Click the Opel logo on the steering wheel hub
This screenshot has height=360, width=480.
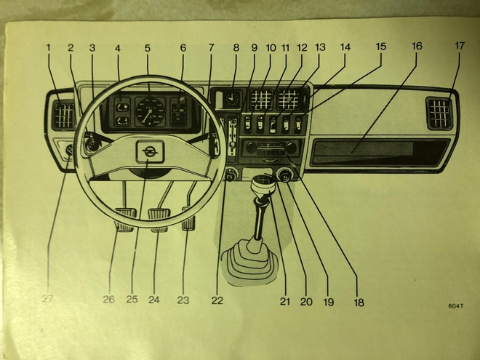click(x=150, y=151)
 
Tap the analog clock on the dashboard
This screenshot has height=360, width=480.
click(x=231, y=99)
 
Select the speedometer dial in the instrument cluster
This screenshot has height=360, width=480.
click(x=151, y=111)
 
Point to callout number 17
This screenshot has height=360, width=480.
click(x=460, y=46)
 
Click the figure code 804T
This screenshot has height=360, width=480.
click(x=456, y=305)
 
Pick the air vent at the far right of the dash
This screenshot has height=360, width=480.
click(x=440, y=114)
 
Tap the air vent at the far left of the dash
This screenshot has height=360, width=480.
click(x=64, y=116)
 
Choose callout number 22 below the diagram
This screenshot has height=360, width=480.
click(x=217, y=300)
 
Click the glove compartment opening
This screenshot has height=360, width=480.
click(x=380, y=153)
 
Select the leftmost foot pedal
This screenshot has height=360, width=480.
click(x=125, y=220)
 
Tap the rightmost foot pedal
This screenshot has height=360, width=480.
click(x=188, y=219)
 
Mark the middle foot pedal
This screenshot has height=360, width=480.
click(x=159, y=220)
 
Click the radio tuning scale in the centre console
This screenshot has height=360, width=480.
click(x=271, y=148)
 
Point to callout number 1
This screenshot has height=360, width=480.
click(x=48, y=47)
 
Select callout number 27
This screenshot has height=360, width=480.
click(x=47, y=298)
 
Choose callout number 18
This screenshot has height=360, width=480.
click(x=359, y=303)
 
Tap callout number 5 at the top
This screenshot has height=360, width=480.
click(x=148, y=48)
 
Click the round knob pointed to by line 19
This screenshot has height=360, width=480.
click(x=284, y=175)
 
